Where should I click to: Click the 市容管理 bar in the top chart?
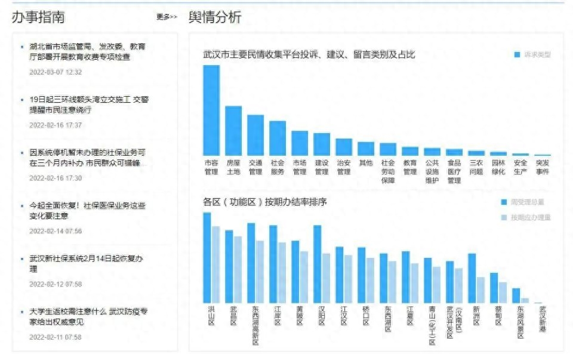(x=211, y=110)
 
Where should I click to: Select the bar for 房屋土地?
(x=233, y=131)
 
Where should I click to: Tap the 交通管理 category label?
(x=255, y=167)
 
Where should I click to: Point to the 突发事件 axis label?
(x=542, y=167)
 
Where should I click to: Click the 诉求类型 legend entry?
(x=532, y=55)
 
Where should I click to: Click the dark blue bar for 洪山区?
(x=207, y=257)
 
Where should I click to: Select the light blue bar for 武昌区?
(x=238, y=269)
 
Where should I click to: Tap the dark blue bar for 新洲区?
(x=472, y=278)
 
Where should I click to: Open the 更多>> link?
(x=167, y=17)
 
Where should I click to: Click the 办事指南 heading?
(x=38, y=17)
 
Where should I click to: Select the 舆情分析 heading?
(x=215, y=17)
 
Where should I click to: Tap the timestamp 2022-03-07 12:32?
(x=56, y=72)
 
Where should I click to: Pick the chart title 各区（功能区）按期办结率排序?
(x=265, y=202)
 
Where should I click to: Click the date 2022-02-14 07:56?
(x=56, y=231)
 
